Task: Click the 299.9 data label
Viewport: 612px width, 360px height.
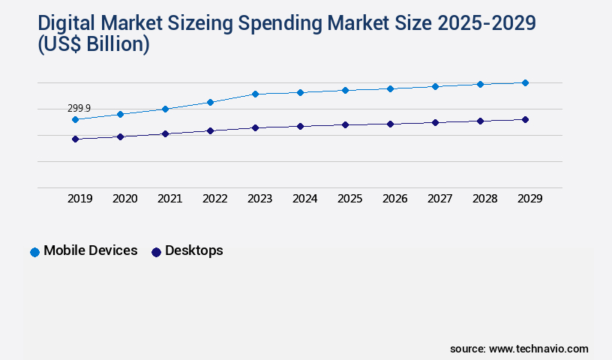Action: click(79, 109)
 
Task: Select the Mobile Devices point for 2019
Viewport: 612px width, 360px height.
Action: click(75, 119)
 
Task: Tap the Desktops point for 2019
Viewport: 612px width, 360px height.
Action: click(75, 139)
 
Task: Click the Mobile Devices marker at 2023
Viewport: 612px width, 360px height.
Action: click(255, 94)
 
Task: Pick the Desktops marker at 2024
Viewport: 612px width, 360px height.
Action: click(300, 126)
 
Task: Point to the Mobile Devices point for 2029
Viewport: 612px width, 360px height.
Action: click(525, 82)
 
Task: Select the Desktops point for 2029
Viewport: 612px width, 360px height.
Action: click(525, 119)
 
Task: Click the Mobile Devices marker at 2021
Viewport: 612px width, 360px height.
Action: click(165, 109)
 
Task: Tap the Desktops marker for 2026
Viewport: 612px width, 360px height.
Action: click(390, 124)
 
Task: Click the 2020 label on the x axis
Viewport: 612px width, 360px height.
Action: click(124, 199)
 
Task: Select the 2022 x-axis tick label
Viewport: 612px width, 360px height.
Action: click(214, 199)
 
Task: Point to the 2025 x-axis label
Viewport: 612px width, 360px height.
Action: click(349, 199)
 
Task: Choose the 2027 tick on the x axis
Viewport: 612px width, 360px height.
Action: click(439, 199)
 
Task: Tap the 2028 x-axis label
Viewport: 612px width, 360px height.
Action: click(484, 199)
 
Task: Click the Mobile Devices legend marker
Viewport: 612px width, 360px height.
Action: click(34, 252)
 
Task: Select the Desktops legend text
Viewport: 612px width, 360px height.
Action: click(193, 250)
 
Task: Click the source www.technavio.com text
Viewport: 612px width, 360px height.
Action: click(519, 349)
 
